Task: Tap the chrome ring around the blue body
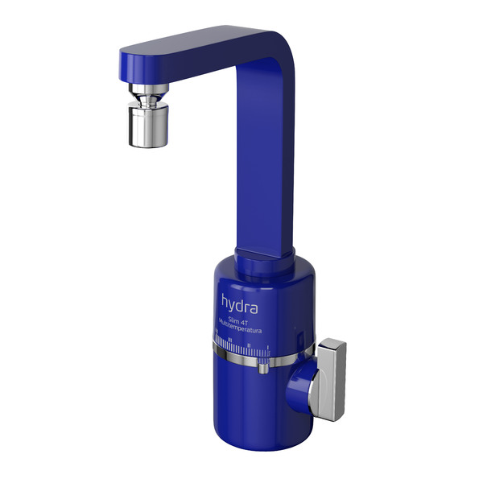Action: (x=242, y=354)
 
